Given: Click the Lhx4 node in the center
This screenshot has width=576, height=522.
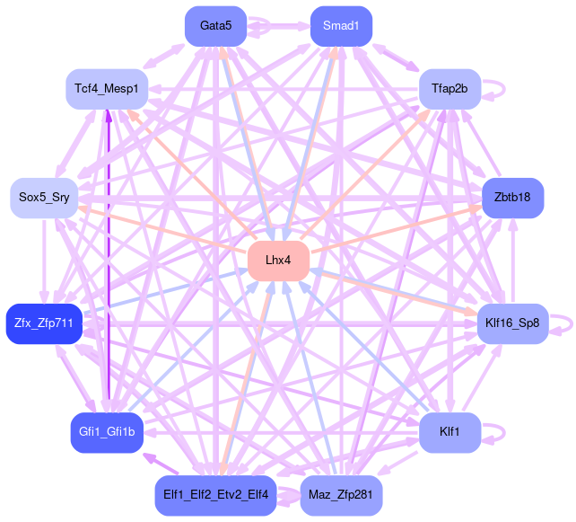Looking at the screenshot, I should (278, 261).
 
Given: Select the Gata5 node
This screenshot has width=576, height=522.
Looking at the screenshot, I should (215, 26).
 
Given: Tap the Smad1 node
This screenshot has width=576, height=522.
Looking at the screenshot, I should (341, 26).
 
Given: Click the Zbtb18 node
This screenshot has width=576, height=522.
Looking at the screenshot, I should (512, 197).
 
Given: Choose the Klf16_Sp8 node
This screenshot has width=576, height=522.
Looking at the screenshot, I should (511, 323).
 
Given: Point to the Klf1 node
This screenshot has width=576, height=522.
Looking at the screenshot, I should (450, 432).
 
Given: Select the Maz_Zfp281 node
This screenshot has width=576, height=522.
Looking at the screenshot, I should (341, 496).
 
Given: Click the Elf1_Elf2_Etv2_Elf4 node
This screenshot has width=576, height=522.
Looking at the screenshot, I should (215, 496).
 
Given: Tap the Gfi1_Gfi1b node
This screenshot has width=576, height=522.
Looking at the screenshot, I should (107, 432).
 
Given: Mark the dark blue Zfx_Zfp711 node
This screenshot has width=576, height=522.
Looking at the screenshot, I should (44, 323).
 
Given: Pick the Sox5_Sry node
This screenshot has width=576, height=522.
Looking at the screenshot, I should (44, 197).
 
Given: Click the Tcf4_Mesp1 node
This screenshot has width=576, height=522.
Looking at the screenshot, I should (107, 89).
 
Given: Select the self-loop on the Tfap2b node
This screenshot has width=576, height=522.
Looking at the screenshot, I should (501, 89).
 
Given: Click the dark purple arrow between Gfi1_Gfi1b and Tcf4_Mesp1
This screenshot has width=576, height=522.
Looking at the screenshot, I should (108, 270).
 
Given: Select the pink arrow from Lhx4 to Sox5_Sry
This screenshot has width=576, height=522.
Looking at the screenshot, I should (161, 228).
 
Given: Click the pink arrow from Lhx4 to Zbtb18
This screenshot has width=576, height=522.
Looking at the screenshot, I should (395, 229).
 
